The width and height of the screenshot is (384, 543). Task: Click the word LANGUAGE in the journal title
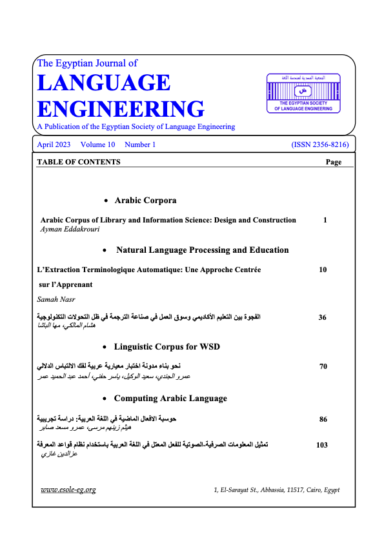[x=104, y=83]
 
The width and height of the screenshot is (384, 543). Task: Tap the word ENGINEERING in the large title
[x=121, y=108]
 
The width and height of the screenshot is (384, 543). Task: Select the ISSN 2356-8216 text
[x=321, y=145]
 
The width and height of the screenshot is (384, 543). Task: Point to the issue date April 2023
[x=54, y=145]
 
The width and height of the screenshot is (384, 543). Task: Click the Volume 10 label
[x=98, y=145]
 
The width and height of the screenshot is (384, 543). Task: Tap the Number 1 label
[x=140, y=145]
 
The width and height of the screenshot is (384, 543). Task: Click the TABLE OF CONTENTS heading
[x=79, y=163]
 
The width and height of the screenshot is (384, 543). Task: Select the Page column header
[x=334, y=163]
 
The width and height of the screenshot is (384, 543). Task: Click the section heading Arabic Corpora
[x=145, y=201]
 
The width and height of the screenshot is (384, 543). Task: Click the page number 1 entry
[x=325, y=220]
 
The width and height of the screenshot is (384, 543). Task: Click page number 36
[x=323, y=317]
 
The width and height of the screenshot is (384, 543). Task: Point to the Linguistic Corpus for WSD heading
[x=167, y=347]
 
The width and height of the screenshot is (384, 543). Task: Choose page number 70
[x=323, y=367]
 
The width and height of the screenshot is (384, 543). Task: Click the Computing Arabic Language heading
[x=170, y=399]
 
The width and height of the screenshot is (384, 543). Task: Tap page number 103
[x=323, y=444]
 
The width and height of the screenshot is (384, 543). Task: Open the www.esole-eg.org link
[x=68, y=489]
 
